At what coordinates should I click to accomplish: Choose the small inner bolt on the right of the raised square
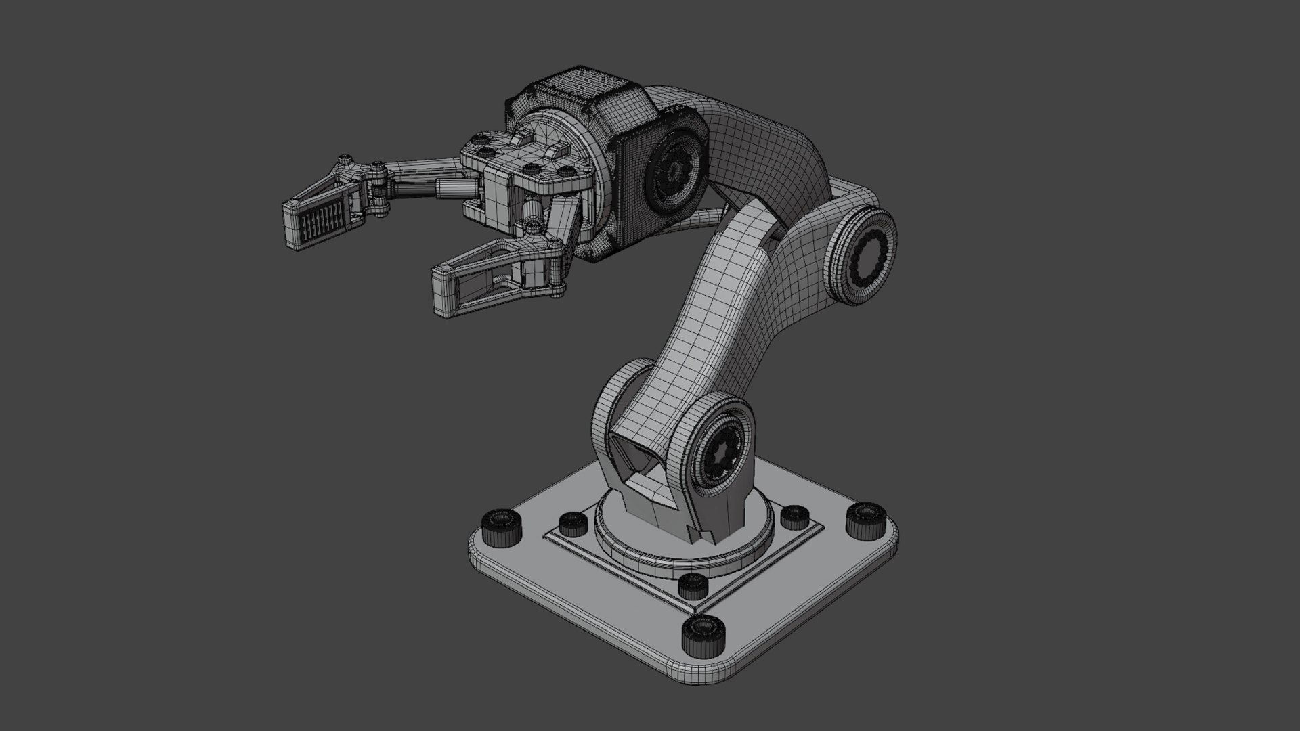pos(794,516)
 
